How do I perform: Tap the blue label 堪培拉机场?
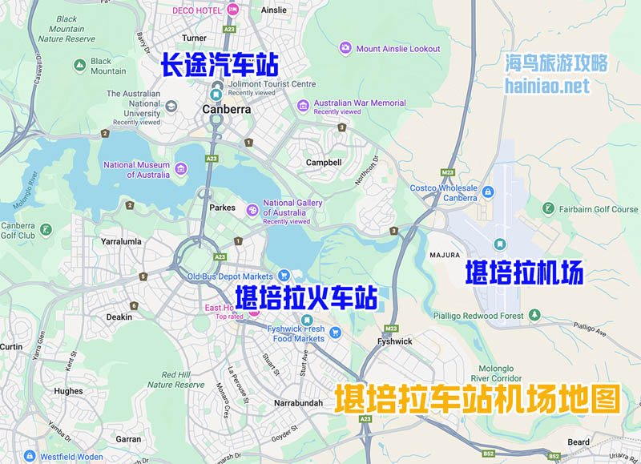click(524, 274)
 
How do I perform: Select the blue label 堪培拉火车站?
click(306, 297)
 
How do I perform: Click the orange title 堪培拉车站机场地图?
click(478, 398)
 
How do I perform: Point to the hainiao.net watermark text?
click(548, 85)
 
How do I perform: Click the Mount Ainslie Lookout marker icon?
click(345, 48)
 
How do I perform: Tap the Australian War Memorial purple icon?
click(303, 105)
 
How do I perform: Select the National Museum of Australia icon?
click(182, 169)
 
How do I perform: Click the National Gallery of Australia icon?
click(252, 209)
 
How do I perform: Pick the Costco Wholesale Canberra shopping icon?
click(488, 192)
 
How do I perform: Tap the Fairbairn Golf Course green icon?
click(548, 209)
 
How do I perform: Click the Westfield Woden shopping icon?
click(30, 457)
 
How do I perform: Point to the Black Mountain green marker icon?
click(79, 65)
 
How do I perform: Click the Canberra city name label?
click(227, 110)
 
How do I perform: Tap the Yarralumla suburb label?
click(121, 240)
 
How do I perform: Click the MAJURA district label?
click(445, 255)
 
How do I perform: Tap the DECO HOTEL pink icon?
click(233, 10)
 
